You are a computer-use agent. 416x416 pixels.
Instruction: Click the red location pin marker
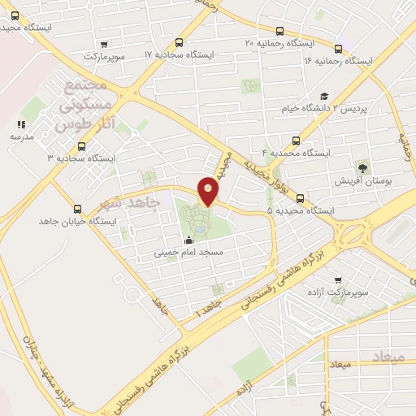(x=208, y=191)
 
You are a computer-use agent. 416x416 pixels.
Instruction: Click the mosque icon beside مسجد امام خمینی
(x=189, y=240)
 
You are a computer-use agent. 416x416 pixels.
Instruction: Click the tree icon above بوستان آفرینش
(x=363, y=167)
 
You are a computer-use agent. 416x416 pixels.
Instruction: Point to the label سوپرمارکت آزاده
(x=338, y=290)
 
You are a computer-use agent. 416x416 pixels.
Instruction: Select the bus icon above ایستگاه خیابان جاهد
(x=78, y=208)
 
